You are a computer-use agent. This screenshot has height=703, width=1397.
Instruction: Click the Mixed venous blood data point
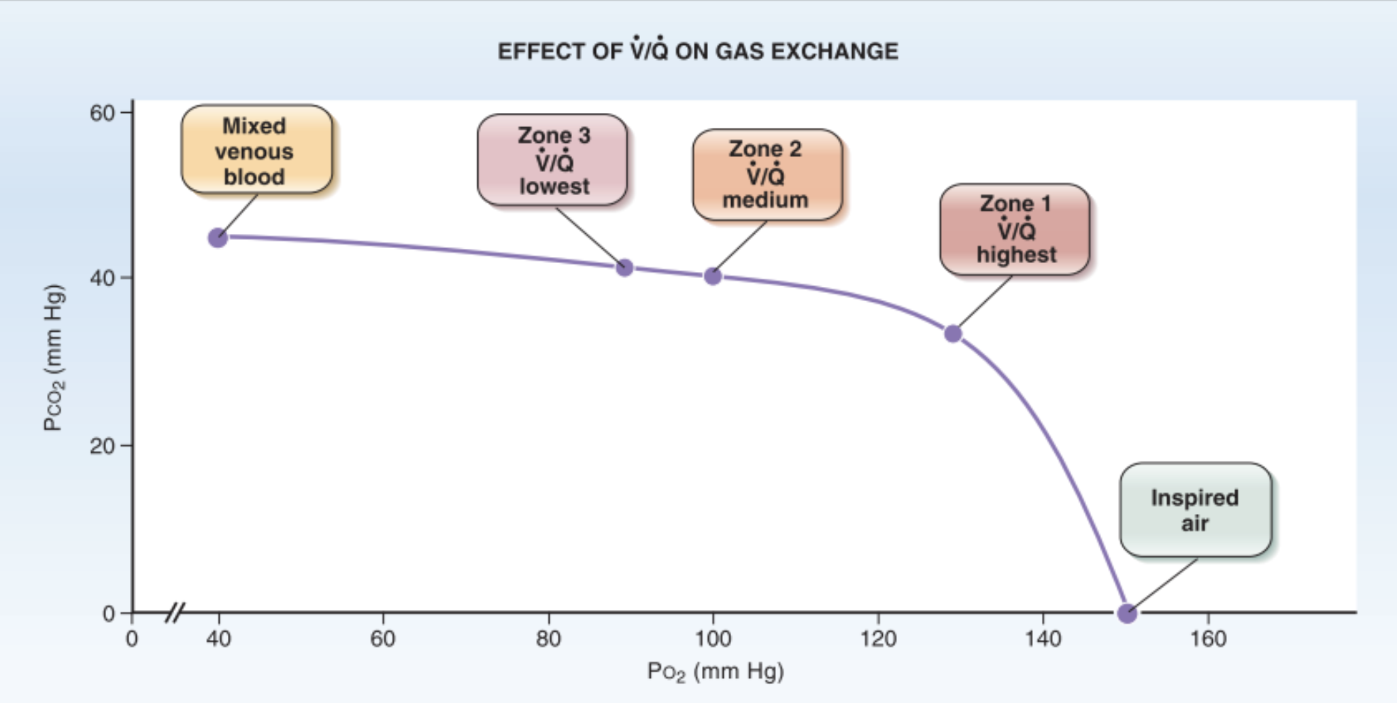[218, 238]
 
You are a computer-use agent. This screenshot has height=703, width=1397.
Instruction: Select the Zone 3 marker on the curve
[624, 268]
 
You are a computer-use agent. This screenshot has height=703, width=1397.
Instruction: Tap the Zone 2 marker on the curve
[713, 276]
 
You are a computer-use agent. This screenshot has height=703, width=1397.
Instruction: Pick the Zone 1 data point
[953, 334]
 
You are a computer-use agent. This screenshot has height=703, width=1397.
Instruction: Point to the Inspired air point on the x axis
[1127, 613]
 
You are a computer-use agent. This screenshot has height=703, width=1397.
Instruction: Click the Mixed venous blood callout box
[256, 150]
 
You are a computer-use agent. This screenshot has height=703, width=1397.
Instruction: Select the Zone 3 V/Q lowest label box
[552, 160]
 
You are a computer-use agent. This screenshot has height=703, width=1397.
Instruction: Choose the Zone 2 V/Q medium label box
[767, 175]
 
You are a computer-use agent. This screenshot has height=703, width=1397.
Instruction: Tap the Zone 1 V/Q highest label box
[1015, 229]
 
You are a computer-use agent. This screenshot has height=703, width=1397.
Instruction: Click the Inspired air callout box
[1195, 510]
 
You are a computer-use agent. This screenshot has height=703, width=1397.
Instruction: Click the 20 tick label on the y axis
[102, 446]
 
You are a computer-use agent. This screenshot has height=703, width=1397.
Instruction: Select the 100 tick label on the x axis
[713, 639]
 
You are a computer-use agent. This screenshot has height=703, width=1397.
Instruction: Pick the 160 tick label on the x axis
[1208, 639]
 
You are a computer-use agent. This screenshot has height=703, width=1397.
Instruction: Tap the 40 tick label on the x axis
[218, 639]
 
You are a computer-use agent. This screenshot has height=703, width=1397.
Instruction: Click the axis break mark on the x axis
[175, 613]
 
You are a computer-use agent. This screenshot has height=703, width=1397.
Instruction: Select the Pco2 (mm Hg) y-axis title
[54, 358]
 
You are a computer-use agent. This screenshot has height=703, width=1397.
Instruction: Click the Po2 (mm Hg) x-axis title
[715, 671]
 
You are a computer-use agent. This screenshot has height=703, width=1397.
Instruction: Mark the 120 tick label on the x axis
[878, 639]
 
